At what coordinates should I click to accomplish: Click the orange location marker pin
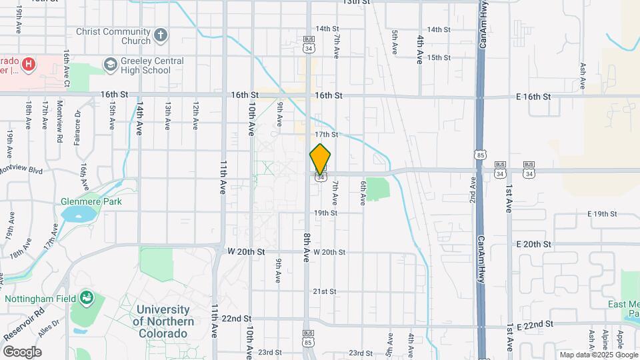click(321, 159)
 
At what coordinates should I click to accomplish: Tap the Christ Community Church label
click(113, 36)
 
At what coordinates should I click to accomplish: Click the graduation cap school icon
click(110, 64)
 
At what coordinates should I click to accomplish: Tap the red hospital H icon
click(28, 64)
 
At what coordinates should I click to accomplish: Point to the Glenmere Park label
click(90, 201)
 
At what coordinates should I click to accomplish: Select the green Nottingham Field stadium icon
click(86, 297)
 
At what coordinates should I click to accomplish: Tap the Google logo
click(22, 352)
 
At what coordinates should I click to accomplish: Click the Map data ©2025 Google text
click(597, 355)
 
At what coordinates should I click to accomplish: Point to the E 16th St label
click(534, 97)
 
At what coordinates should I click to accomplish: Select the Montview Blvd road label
click(21, 171)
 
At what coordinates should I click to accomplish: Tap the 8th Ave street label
click(306, 247)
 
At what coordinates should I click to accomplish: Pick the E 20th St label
click(534, 245)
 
